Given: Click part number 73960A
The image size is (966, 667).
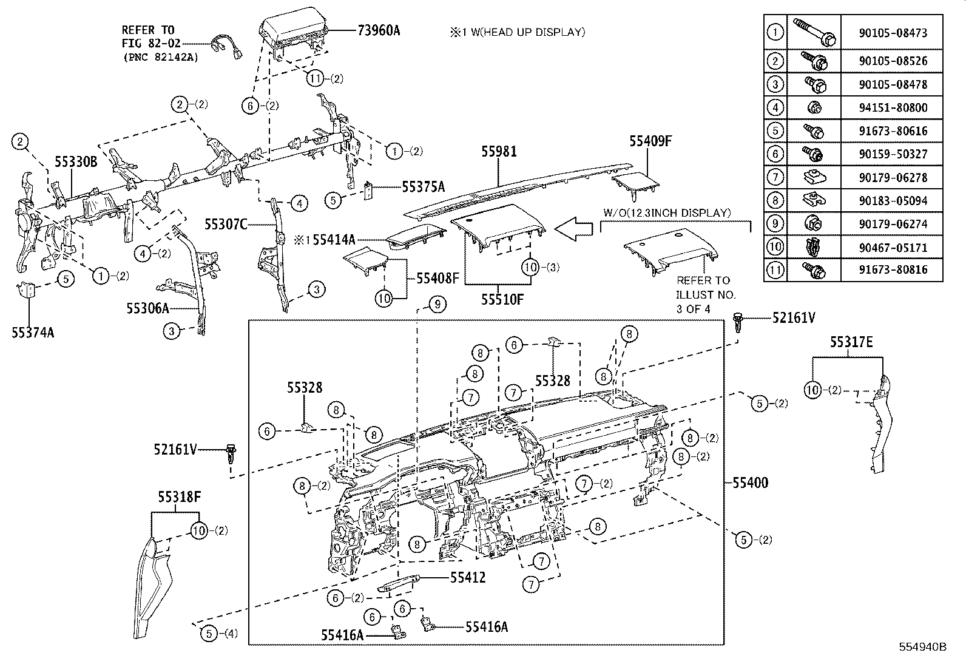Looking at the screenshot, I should tap(376, 30).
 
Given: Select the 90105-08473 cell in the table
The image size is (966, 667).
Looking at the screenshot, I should tap(891, 33).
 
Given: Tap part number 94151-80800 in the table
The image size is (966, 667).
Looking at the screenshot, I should tap(891, 108).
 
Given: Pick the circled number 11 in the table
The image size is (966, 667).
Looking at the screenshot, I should tap(775, 269).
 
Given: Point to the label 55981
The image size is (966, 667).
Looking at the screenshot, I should tap(499, 151).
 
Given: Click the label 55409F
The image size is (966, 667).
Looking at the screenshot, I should tap(650, 141).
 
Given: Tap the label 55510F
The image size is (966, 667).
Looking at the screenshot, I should tap(502, 299).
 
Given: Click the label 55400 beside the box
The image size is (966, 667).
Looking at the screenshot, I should tap(749, 483).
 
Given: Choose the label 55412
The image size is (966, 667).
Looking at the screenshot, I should tap(467, 577).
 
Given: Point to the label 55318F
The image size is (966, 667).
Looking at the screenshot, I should tap(180, 497).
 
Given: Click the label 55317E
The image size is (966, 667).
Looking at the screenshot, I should tap(851, 342).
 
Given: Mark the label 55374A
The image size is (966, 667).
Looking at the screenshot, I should tap(33, 332).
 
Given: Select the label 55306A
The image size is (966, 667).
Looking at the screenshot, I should tap(147, 308).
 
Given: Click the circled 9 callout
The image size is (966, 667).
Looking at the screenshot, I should tap(437, 304).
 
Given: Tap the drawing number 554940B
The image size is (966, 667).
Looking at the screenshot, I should tap(922, 646).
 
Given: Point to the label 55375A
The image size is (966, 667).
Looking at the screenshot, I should tap(423, 187).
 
